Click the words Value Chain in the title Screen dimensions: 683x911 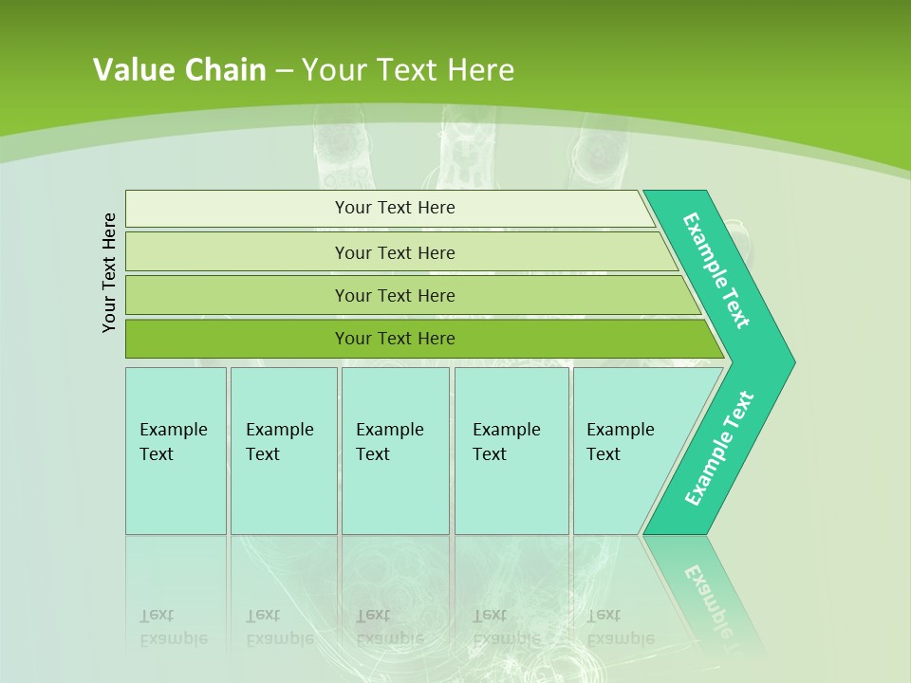179,70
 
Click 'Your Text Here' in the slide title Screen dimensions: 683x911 408,70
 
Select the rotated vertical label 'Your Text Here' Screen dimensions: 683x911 110,272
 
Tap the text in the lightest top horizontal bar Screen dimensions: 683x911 395,208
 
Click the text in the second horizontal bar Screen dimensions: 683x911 395,253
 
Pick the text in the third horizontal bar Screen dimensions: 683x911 395,296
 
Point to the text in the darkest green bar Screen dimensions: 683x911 395,339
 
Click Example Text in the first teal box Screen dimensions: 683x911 173,442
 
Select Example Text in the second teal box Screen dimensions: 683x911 279,442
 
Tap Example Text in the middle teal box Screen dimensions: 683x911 389,442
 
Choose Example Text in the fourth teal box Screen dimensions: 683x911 506,442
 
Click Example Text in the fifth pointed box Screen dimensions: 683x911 620,442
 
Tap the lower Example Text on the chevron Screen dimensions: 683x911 718,449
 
